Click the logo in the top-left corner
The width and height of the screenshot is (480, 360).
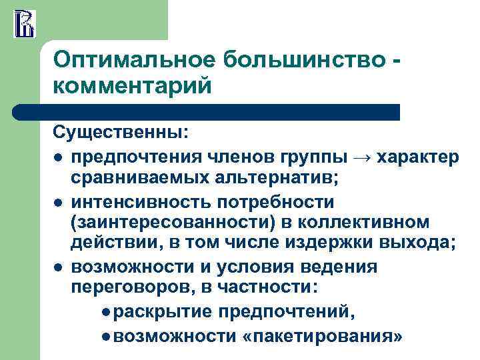click(x=25, y=23)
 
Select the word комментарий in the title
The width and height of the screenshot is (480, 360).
click(x=132, y=87)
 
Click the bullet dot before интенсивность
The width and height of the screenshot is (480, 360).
click(x=59, y=202)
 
